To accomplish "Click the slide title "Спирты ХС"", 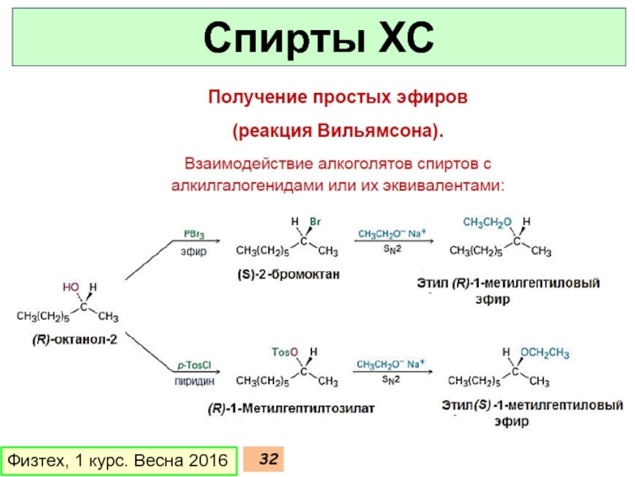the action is tap(317, 37).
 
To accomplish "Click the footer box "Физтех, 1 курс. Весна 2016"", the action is tap(117, 460).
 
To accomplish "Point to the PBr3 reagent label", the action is tap(192, 235).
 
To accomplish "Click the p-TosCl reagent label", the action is tap(192, 366).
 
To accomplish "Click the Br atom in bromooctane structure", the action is tap(315, 221).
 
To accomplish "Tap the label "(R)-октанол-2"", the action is tap(67, 339).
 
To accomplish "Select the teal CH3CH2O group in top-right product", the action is tap(487, 220).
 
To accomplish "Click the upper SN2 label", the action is tap(392, 250).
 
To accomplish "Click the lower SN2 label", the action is tap(392, 381).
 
